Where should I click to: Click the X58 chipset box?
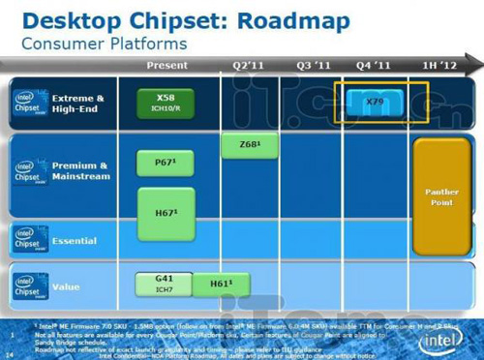click(166, 103)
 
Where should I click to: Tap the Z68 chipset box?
click(249, 145)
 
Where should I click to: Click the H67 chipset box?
click(166, 212)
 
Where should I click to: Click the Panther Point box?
click(441, 197)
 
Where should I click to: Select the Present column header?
click(166, 65)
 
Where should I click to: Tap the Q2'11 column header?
click(249, 65)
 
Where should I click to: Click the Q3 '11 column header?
click(315, 65)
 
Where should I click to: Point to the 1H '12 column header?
click(440, 65)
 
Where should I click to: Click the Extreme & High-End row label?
click(78, 104)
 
